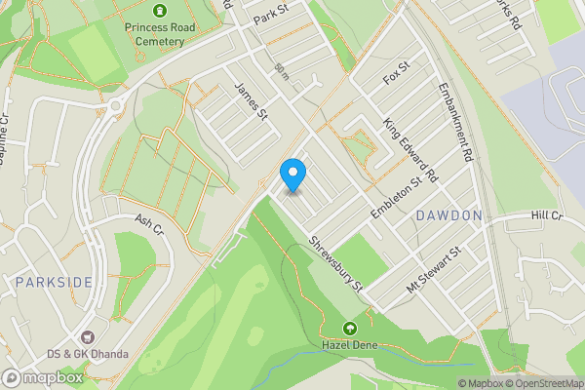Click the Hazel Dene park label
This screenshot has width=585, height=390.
pyautogui.click(x=349, y=344)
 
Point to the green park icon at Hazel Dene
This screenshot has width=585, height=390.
pyautogui.click(x=349, y=328)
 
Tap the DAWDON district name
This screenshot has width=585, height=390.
pyautogui.click(x=448, y=214)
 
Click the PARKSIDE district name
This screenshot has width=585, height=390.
pyautogui.click(x=55, y=282)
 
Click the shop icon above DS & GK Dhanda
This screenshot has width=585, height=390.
pyautogui.click(x=96, y=336)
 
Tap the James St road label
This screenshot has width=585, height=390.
pyautogui.click(x=252, y=101)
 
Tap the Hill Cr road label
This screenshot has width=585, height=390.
pyautogui.click(x=547, y=214)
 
